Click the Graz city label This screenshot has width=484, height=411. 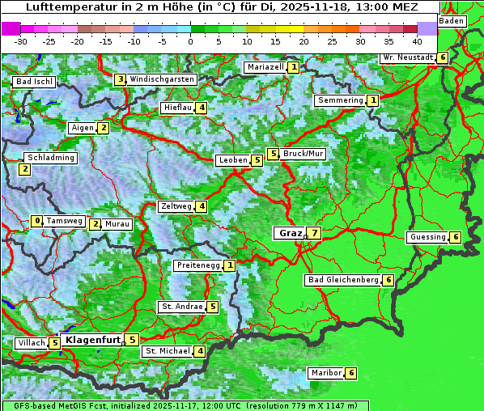(x=289, y=233)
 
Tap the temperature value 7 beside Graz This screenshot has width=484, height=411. (x=314, y=233)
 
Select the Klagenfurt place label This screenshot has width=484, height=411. (x=92, y=340)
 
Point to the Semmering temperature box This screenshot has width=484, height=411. (x=372, y=100)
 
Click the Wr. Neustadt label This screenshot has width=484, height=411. (x=407, y=57)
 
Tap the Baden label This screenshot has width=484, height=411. (x=452, y=20)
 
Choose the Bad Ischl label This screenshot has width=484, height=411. (x=34, y=82)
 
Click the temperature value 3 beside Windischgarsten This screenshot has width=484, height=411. (x=120, y=79)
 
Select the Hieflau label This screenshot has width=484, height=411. (x=176, y=108)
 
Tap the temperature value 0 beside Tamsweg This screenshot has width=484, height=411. (x=36, y=221)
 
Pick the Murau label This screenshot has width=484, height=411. (x=117, y=224)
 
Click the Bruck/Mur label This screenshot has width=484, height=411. (x=304, y=154)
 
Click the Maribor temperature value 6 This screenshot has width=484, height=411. (x=350, y=373)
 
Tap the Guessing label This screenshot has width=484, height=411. (x=427, y=237)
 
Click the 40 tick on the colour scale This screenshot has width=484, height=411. (x=417, y=40)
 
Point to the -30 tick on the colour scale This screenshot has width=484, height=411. (x=21, y=40)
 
